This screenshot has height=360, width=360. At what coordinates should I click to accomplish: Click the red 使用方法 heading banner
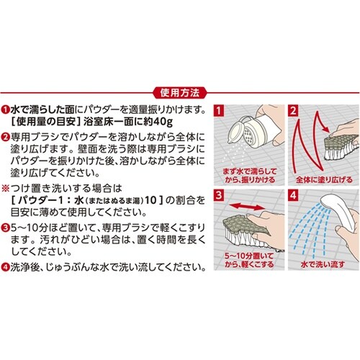[180, 93]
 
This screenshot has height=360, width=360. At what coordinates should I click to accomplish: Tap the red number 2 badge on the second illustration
[292, 112]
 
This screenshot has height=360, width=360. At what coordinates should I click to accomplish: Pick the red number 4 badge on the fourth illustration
[292, 197]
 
